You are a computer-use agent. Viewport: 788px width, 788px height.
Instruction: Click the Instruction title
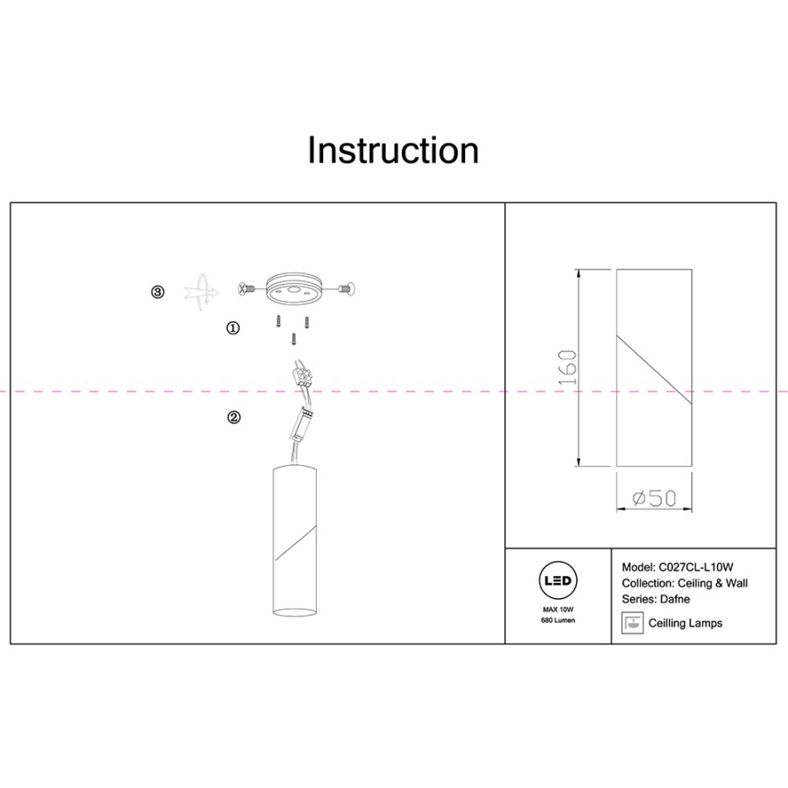point(393,150)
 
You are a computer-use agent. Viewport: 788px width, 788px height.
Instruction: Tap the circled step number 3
point(158,292)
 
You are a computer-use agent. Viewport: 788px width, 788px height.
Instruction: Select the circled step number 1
point(233,328)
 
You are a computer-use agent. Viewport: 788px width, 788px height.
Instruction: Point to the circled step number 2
point(234,417)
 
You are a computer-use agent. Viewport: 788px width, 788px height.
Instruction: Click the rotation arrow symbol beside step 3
point(202,292)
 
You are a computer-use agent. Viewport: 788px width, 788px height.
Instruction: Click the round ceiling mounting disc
point(292,288)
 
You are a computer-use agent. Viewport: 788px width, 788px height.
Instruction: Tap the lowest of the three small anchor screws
point(294,339)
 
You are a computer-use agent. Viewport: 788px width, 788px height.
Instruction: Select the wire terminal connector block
point(303,376)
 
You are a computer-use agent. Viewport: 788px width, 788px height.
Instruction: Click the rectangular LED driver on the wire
point(301,424)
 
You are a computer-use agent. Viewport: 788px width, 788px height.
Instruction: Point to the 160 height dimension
point(567,368)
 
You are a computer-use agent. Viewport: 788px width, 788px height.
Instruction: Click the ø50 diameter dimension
point(654,498)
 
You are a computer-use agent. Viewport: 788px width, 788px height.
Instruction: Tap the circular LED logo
point(558,581)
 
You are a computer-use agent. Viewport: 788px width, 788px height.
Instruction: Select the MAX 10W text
point(558,609)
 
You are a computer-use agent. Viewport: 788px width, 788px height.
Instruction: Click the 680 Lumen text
point(558,620)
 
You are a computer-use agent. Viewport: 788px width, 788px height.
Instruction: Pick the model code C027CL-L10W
point(696,567)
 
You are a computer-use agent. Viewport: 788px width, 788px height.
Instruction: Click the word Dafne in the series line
point(675,599)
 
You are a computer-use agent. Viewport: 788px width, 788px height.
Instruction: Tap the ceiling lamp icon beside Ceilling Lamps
point(632,623)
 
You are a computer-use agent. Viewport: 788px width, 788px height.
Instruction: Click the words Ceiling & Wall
point(713,583)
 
